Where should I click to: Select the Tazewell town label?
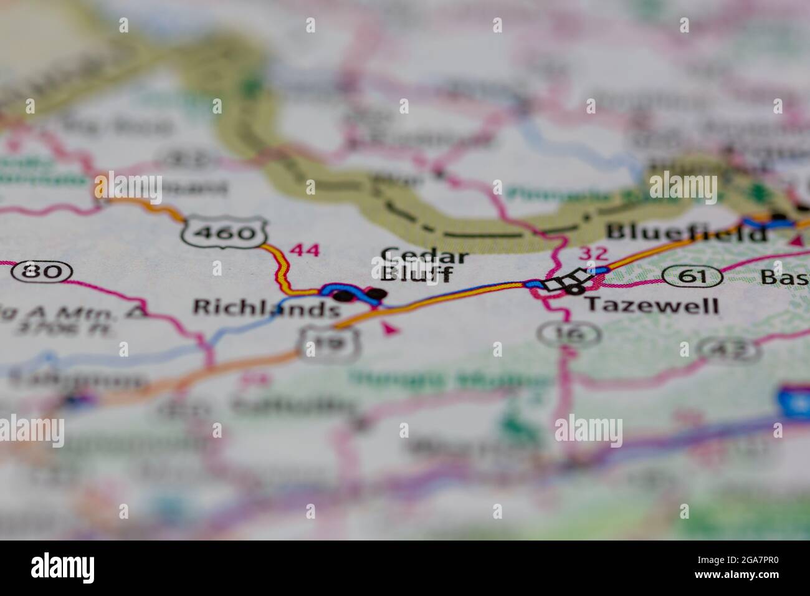coord(651,305)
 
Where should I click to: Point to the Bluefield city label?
coord(686,233)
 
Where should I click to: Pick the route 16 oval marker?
coord(569,334)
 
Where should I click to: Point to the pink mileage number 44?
coord(305,251)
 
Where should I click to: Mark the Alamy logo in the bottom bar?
coord(63,568)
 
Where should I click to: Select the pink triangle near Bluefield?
coord(796,240)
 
